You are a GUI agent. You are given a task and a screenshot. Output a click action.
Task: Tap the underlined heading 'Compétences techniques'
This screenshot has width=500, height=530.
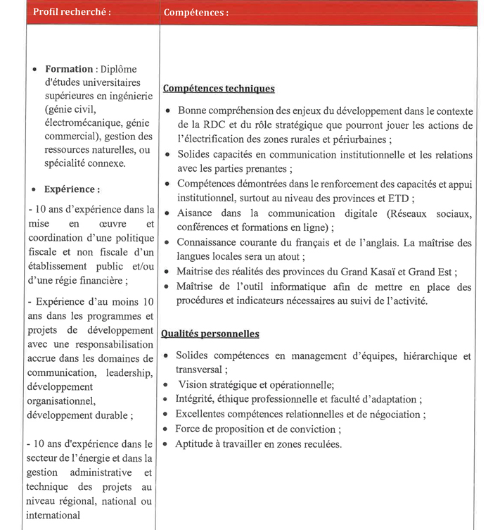(x=219, y=89)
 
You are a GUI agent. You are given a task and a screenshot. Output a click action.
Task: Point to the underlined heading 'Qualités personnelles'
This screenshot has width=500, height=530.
(x=210, y=334)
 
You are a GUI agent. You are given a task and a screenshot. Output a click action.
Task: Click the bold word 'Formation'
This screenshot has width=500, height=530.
(x=69, y=69)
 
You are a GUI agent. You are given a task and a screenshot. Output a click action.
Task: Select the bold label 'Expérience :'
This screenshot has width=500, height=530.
(x=72, y=189)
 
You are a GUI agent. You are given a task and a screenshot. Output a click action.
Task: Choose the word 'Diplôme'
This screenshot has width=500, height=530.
(x=118, y=69)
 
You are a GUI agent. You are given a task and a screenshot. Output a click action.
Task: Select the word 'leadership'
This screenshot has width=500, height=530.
(x=129, y=372)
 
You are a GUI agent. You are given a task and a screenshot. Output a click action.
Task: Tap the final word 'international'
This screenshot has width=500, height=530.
(x=53, y=515)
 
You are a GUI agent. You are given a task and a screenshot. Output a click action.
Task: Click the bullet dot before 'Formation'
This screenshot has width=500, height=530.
(x=35, y=70)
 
